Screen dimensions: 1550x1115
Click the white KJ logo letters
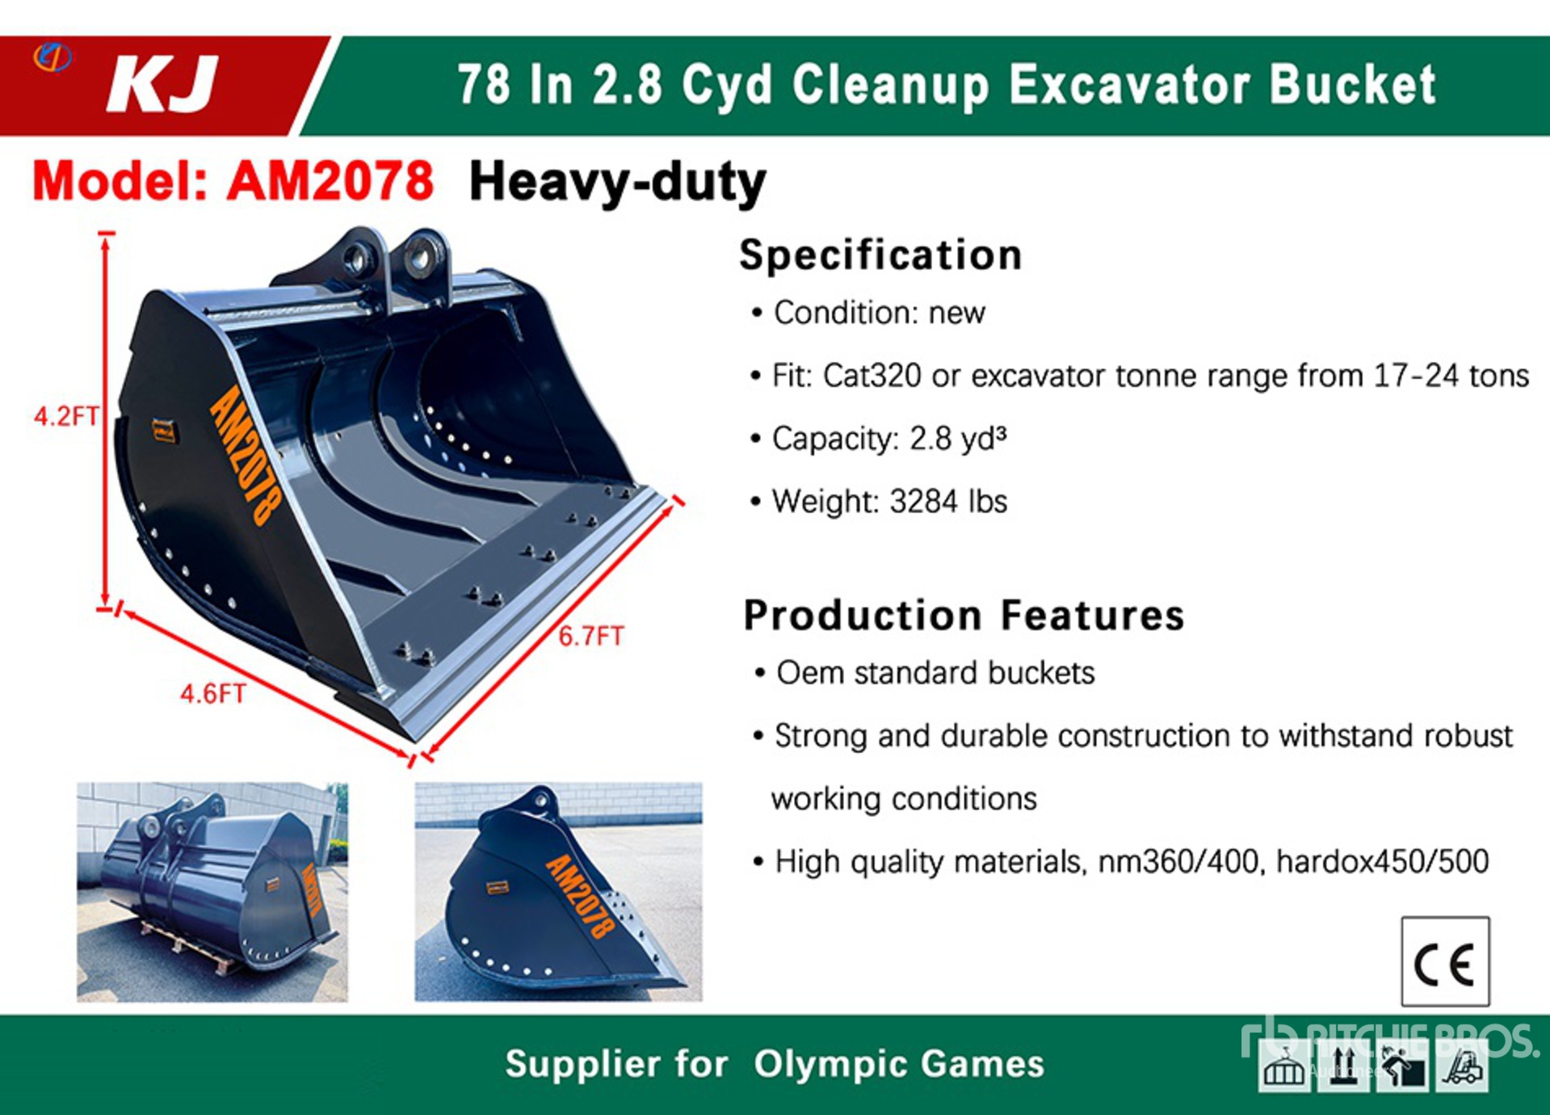pos(162,84)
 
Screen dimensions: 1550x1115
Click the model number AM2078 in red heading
pos(330,180)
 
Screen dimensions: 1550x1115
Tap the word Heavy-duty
pos(618,183)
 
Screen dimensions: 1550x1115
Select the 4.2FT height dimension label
pos(65,416)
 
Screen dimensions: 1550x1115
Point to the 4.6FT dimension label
pos(212,694)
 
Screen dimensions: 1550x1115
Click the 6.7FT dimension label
pos(591,637)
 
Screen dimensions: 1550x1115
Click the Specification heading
pos(881,255)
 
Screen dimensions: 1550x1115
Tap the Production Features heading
pos(964,616)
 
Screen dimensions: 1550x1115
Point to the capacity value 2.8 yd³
pos(958,439)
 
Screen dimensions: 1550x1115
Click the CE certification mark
pos(1445,961)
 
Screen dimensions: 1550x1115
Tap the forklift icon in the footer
pos(1462,1067)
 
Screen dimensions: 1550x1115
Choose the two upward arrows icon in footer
pos(1342,1067)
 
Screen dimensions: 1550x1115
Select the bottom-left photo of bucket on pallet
pos(212,892)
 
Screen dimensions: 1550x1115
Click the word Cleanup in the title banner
pos(891,86)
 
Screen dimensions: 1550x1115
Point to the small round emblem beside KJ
pos(53,57)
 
